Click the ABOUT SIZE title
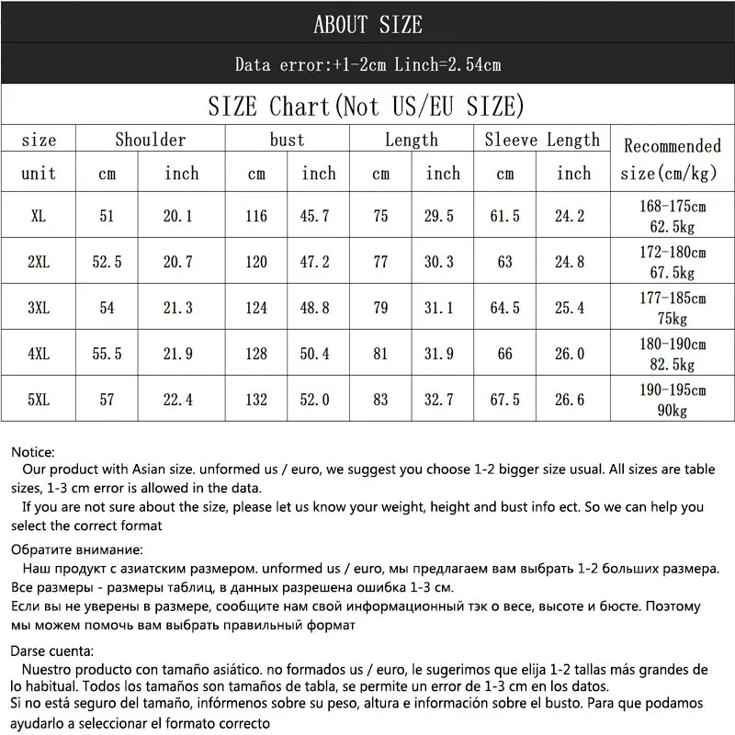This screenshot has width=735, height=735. [x=367, y=25]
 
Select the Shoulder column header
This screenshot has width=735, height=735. [x=151, y=140]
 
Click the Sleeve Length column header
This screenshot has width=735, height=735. [x=542, y=140]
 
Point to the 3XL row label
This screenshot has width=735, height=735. [x=39, y=308]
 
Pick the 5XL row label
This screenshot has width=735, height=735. [x=39, y=400]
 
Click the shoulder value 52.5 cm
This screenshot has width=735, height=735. [x=107, y=262]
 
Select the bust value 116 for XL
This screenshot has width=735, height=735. [x=257, y=216]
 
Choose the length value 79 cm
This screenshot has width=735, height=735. [x=380, y=308]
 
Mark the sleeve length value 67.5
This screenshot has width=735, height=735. [x=505, y=400]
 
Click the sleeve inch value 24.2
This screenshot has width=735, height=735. [x=571, y=216]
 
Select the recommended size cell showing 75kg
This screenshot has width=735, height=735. [x=673, y=318]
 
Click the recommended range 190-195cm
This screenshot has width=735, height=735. [x=673, y=390]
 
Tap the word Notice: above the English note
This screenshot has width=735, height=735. [x=34, y=452]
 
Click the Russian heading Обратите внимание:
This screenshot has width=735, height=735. [x=77, y=550]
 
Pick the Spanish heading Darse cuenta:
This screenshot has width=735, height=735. [x=54, y=650]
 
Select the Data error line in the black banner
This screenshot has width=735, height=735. [x=367, y=65]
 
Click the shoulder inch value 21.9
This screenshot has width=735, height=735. [x=182, y=354]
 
